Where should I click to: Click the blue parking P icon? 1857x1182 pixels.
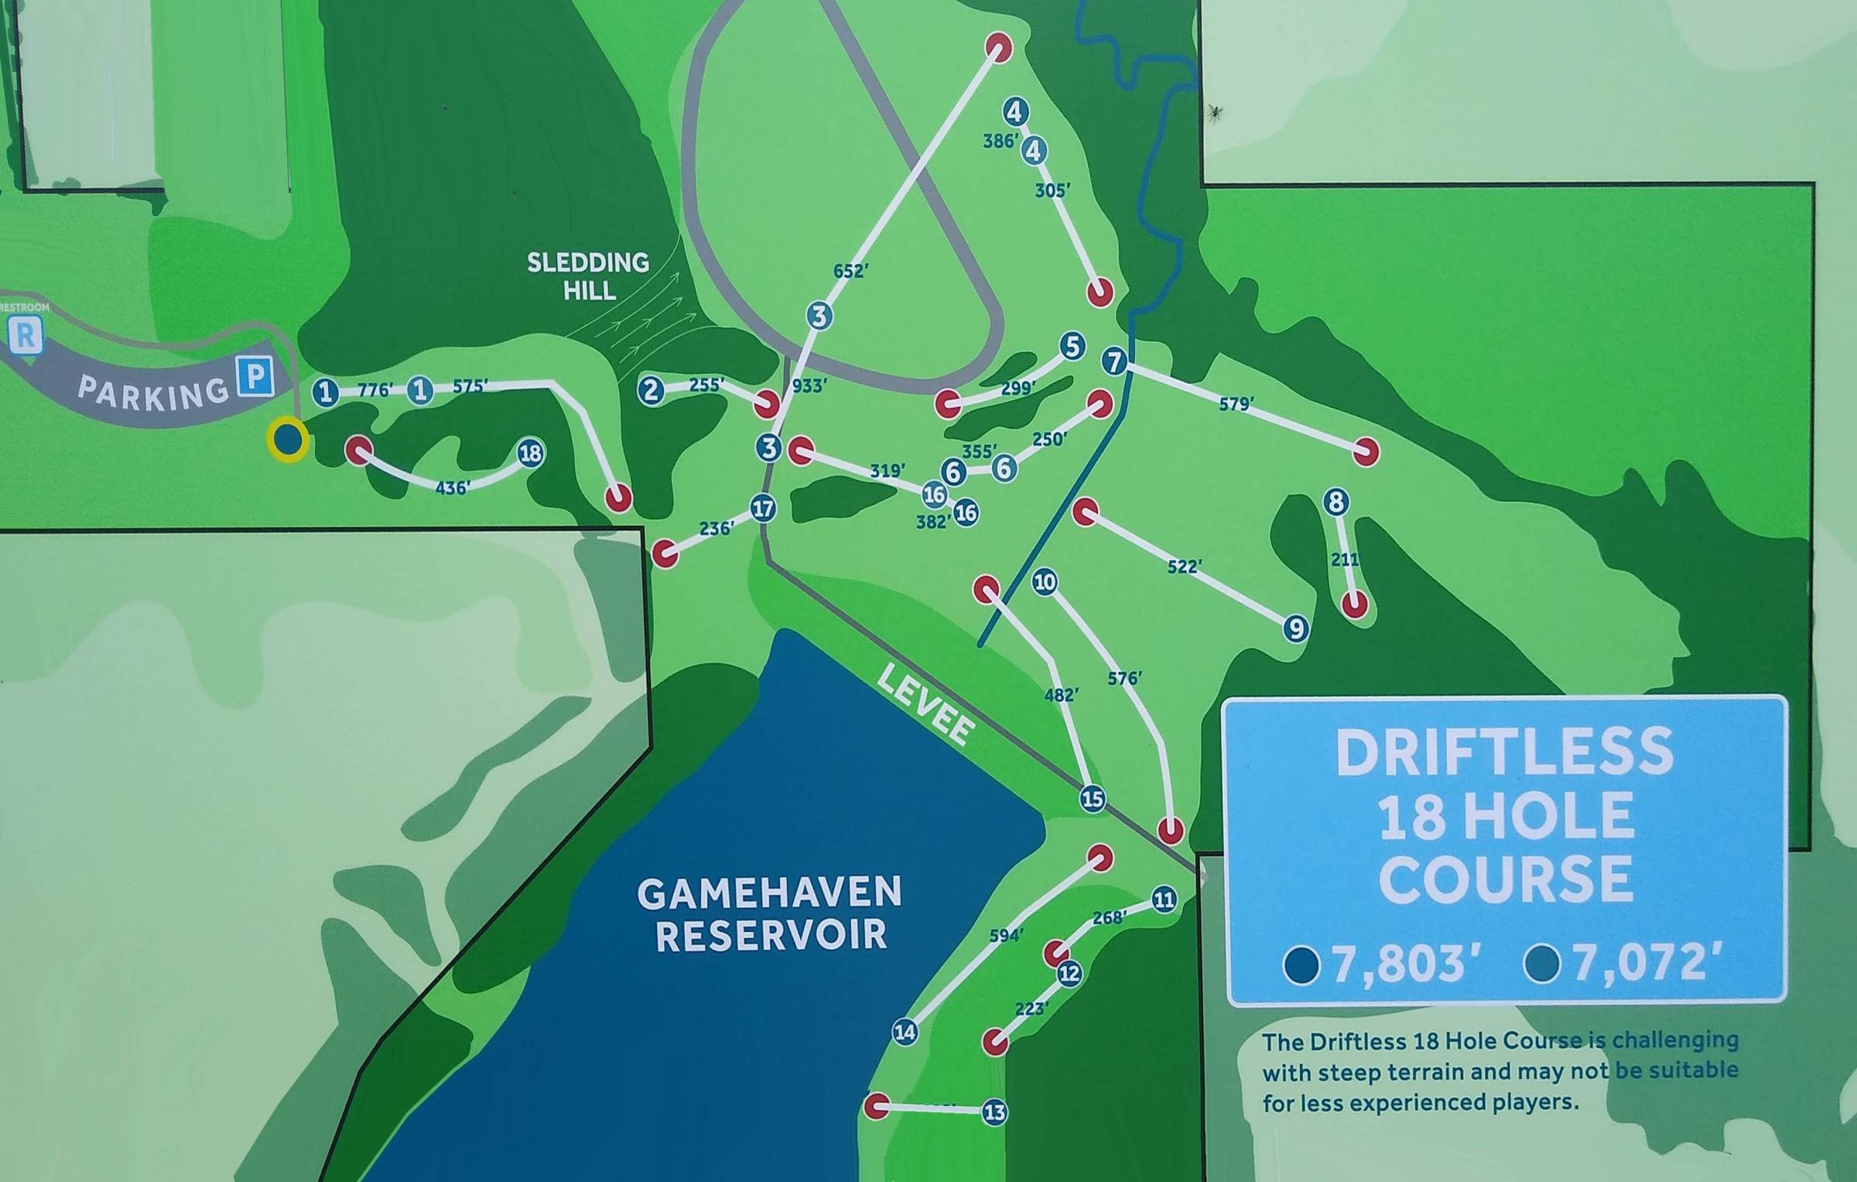[x=255, y=377]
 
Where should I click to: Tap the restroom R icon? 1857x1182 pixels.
[x=26, y=336]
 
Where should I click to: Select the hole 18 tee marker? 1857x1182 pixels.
[x=530, y=453]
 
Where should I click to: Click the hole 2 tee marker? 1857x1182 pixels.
[x=651, y=390]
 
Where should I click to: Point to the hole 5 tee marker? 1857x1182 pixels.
[x=1072, y=346]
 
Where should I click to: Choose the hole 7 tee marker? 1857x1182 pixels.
[x=1114, y=361]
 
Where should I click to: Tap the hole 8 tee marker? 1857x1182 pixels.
[x=1335, y=502]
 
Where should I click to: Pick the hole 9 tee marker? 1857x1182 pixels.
[x=1295, y=628]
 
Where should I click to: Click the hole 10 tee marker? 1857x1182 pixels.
[x=1045, y=581]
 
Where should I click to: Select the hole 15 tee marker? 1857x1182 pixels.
[x=1092, y=798]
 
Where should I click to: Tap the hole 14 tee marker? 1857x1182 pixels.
[x=905, y=1031]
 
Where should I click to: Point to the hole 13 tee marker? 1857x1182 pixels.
[x=994, y=1112]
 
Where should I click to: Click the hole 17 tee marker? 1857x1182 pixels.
[x=763, y=509]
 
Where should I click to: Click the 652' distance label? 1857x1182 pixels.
[x=850, y=271]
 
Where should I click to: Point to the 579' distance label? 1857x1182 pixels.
[x=1236, y=403]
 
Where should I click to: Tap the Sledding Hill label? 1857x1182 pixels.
[x=588, y=276]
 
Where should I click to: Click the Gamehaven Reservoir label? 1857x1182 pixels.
[x=770, y=913]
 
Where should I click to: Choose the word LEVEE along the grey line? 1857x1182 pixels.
[x=924, y=705]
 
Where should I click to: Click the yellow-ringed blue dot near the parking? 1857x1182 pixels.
[x=288, y=440]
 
